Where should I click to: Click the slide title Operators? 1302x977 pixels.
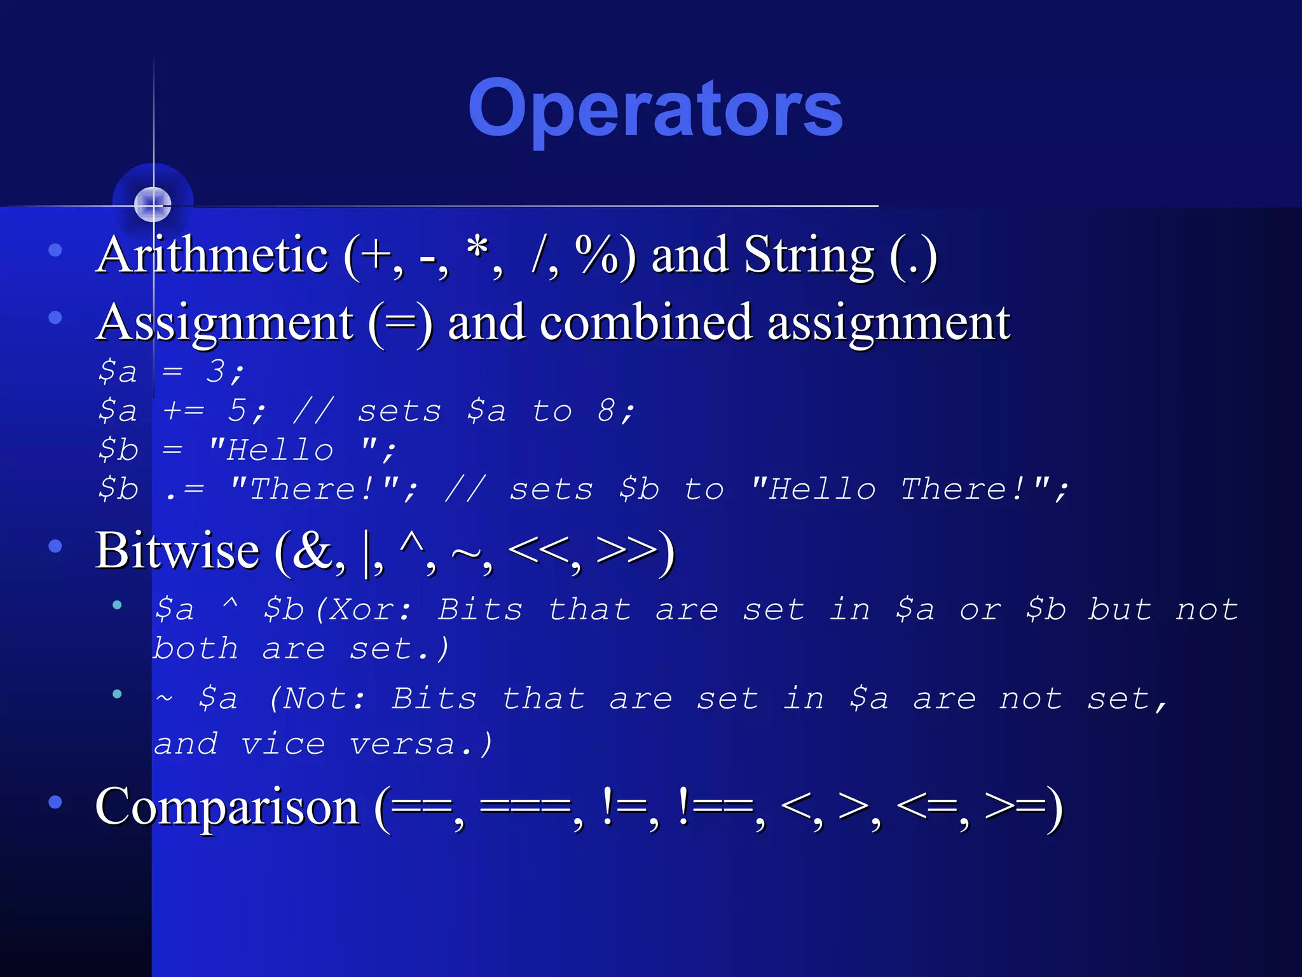click(x=655, y=109)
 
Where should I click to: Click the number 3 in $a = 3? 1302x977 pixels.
click(x=216, y=371)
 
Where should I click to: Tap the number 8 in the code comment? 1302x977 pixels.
click(x=606, y=411)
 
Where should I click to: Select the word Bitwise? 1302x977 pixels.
click(x=177, y=551)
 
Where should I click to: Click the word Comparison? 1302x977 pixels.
click(x=227, y=807)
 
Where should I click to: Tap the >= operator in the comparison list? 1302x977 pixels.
click(x=1015, y=807)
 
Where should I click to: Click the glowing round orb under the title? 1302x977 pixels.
click(x=153, y=204)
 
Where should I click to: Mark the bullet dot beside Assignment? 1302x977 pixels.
click(x=55, y=317)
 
